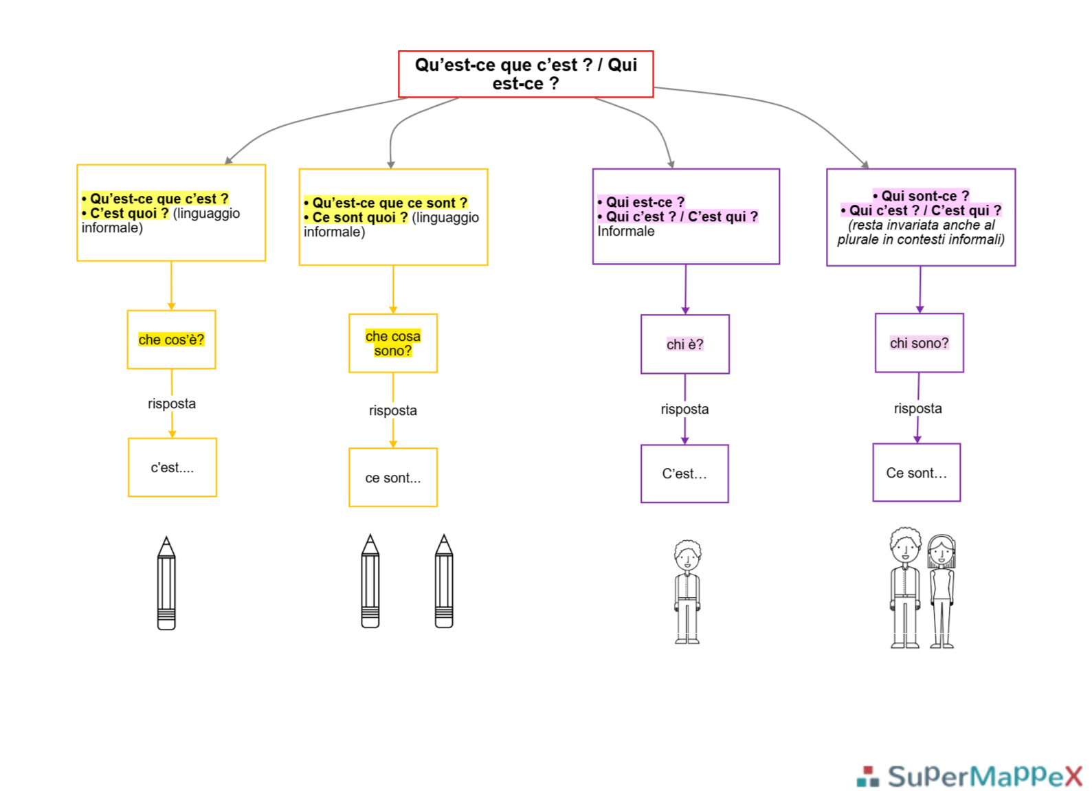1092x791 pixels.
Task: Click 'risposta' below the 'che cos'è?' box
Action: pyautogui.click(x=172, y=403)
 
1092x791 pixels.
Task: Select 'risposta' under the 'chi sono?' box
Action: pyautogui.click(x=918, y=408)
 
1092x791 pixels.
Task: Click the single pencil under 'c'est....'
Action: pyautogui.click(x=166, y=583)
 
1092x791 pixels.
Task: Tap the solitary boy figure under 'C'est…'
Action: pyautogui.click(x=687, y=592)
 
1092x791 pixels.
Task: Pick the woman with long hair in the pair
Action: pyautogui.click(x=941, y=591)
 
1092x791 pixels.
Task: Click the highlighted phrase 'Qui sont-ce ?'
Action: pyautogui.click(x=921, y=196)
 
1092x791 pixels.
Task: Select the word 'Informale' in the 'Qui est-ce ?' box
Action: pyautogui.click(x=626, y=231)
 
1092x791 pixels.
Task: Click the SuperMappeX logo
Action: pyautogui.click(x=970, y=775)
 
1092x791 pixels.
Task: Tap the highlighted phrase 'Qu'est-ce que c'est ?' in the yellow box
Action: pyautogui.click(x=155, y=199)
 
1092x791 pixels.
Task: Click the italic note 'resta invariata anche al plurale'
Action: pyautogui.click(x=920, y=232)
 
